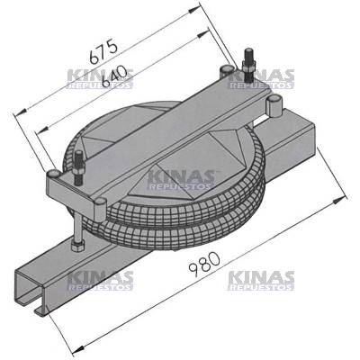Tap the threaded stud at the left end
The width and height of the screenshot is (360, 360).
coord(79,165)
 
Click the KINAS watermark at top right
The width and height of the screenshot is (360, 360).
coord(261,79)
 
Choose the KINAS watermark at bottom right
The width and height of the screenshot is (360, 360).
coord(261,281)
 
